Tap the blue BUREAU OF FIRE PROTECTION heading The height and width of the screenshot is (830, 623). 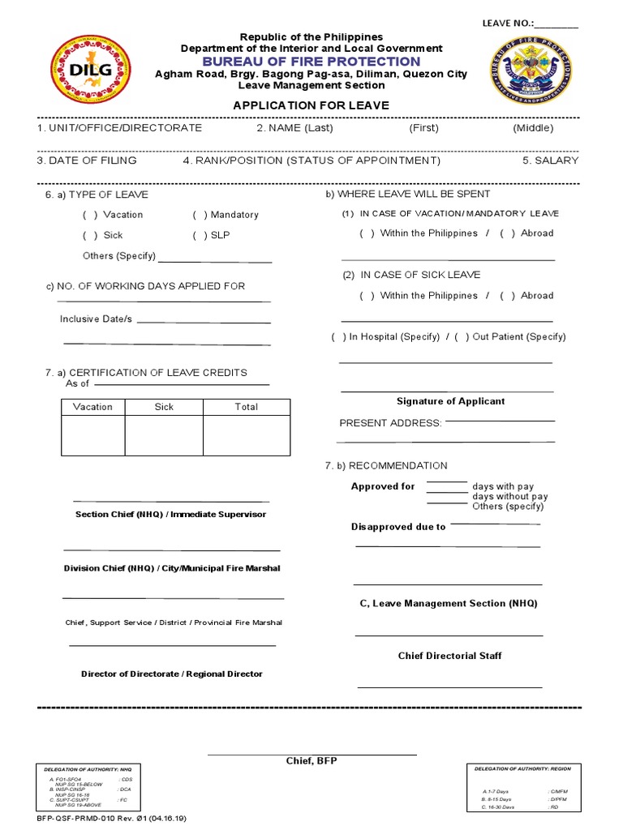point(311,62)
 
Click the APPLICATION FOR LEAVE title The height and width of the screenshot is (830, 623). point(311,105)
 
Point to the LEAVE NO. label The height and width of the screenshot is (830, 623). point(508,23)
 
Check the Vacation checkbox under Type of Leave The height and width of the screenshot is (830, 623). point(90,215)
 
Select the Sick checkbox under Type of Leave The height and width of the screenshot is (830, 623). point(90,236)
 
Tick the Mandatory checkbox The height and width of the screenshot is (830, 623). point(200,215)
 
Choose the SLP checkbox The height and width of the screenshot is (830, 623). point(200,236)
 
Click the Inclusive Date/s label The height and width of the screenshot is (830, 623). point(96,319)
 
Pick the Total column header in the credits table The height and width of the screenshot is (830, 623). point(246,407)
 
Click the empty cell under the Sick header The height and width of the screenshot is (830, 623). point(164,435)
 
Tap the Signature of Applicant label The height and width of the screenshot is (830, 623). point(450,401)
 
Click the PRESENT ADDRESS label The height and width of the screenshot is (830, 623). point(390,423)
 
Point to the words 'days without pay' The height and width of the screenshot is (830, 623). point(509,496)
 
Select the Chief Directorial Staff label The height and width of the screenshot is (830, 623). point(449,656)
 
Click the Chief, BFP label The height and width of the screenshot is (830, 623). point(311,761)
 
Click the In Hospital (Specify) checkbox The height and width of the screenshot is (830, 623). point(338,337)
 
